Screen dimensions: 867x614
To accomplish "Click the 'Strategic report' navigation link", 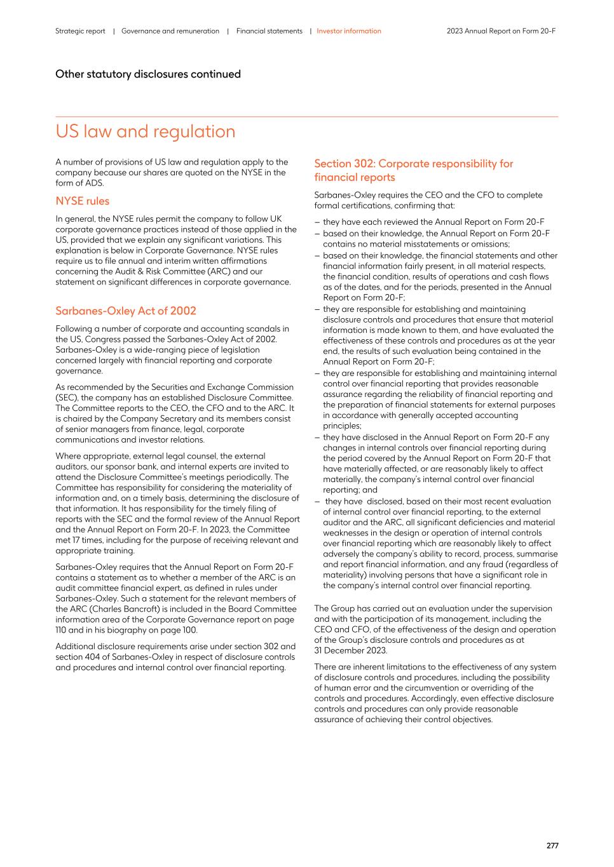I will tap(80, 31).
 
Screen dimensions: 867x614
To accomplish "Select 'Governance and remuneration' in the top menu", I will tap(170, 31).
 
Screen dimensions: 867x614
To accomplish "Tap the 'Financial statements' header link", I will tap(269, 31).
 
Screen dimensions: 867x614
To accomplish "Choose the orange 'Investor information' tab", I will tap(349, 31).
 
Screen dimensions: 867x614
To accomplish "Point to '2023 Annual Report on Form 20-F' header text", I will tap(501, 31).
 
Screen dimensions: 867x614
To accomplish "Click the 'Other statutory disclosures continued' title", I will tap(147, 74).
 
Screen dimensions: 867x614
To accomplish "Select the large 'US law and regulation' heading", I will tap(145, 131).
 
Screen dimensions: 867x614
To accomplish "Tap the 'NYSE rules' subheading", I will tap(82, 201).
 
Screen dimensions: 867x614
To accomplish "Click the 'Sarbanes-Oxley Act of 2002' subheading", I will tap(125, 311).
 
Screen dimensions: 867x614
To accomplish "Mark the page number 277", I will tap(552, 845).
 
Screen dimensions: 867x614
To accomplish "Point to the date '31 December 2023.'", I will tap(350, 650).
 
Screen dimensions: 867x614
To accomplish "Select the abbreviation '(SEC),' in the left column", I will tap(67, 398).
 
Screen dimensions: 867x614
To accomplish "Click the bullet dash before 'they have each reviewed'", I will tap(317, 222).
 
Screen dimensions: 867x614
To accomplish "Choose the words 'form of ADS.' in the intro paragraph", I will tap(79, 183).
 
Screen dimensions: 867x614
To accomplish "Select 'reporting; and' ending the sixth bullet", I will tap(350, 490).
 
